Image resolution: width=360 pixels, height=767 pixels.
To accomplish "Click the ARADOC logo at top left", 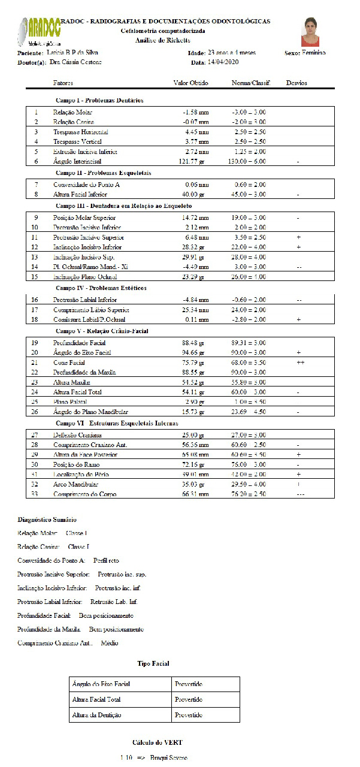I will pyautogui.click(x=43, y=31).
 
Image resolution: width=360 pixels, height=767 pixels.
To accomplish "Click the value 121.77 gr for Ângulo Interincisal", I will pyautogui.click(x=195, y=161).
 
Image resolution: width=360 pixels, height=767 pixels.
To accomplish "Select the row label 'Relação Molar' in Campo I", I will pyautogui.click(x=72, y=112).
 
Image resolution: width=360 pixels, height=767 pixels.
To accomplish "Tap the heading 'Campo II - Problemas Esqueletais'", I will pyautogui.click(x=103, y=173).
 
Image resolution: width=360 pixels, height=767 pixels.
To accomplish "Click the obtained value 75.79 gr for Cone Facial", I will pyautogui.click(x=195, y=363).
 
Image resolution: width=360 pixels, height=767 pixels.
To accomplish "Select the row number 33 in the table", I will pyautogui.click(x=36, y=494).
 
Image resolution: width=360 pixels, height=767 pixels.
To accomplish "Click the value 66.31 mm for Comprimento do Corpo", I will pyautogui.click(x=195, y=494).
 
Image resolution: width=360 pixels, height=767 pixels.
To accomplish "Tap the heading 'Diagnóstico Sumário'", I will pyautogui.click(x=47, y=520).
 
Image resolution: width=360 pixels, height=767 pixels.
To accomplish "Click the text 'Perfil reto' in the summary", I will pyautogui.click(x=106, y=561).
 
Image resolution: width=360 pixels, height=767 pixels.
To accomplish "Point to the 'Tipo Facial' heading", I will pyautogui.click(x=153, y=663).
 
